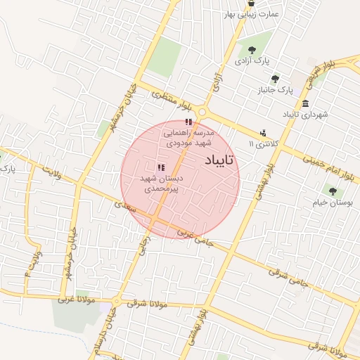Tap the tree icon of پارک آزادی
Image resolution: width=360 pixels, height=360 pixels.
click(x=252, y=50)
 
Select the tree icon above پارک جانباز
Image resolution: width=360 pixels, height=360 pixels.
click(x=274, y=79)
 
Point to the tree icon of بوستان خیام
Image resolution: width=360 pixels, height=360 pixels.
click(x=332, y=191)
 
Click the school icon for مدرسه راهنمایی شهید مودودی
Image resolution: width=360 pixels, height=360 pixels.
click(x=188, y=122)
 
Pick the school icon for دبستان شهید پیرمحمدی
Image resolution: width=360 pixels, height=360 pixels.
click(x=161, y=167)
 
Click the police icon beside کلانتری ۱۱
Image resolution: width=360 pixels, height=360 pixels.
click(x=263, y=132)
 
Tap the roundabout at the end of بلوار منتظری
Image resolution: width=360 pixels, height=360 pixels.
click(x=203, y=112)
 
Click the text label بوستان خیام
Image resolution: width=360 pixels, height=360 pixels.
click(x=332, y=203)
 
